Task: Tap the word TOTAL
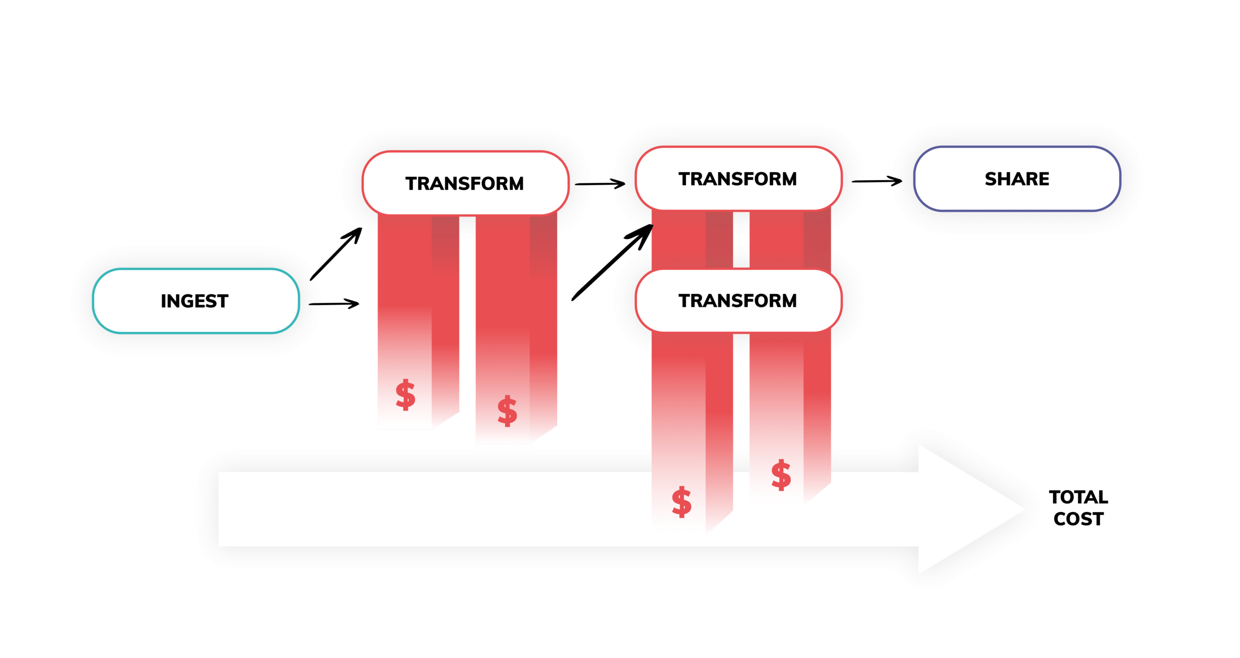(x=1078, y=497)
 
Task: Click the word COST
(x=1078, y=519)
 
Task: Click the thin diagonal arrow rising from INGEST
(x=336, y=254)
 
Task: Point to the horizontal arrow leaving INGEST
(x=334, y=304)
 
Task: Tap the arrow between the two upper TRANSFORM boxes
(x=600, y=184)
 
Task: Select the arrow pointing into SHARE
(x=877, y=181)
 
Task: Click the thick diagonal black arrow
(x=612, y=262)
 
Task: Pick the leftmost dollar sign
(x=405, y=395)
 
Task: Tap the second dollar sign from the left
(x=507, y=411)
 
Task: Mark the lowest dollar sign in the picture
(x=682, y=502)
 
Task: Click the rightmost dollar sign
(x=781, y=475)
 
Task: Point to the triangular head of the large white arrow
(x=969, y=509)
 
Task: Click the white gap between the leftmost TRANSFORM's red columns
(x=467, y=315)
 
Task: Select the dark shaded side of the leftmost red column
(x=445, y=320)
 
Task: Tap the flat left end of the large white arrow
(x=219, y=509)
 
